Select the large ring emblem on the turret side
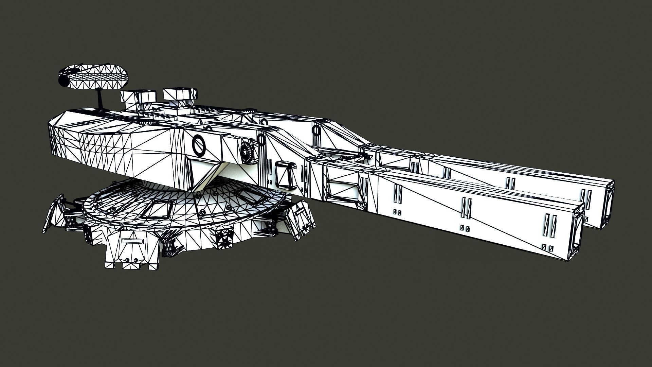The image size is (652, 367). (x=199, y=145)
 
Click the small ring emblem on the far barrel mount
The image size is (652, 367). (x=316, y=130)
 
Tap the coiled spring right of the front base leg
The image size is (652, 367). (x=168, y=247)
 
